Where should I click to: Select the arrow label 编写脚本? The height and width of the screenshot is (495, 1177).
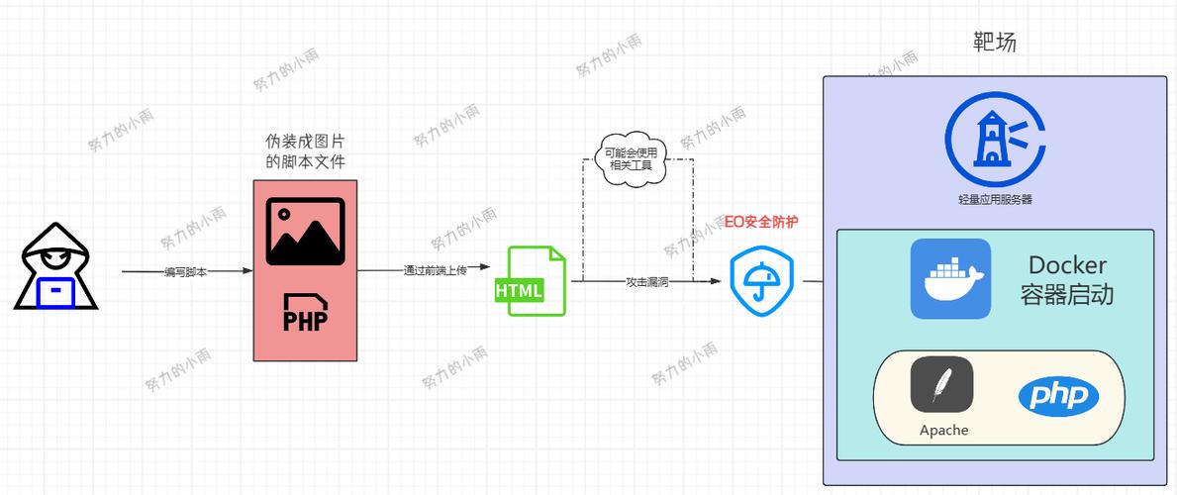(186, 271)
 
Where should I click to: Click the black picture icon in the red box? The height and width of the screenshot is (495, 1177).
(305, 232)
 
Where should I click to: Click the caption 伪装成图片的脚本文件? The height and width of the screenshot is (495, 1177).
(305, 151)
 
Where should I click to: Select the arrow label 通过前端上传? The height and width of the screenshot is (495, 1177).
(435, 270)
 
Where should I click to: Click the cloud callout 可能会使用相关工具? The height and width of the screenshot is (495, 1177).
(632, 158)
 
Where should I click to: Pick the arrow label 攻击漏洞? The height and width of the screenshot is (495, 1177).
(646, 282)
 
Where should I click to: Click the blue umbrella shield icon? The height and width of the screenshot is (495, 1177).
(761, 280)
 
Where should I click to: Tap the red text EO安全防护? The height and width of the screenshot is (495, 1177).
(761, 222)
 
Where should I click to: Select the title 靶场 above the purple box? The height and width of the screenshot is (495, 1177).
(995, 43)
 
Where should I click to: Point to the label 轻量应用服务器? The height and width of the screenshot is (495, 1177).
(995, 199)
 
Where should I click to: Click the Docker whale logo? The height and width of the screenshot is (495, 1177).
(950, 278)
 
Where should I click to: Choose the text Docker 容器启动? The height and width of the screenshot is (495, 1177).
(1067, 280)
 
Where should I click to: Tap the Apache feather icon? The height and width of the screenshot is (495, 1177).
(941, 384)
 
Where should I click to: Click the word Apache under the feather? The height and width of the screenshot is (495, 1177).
(943, 431)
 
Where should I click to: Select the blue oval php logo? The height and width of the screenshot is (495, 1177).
(1058, 397)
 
